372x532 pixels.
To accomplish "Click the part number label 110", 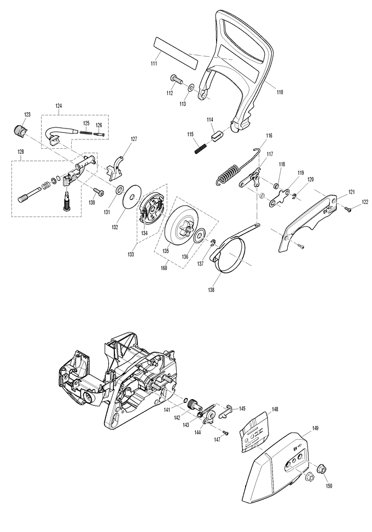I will [280, 92].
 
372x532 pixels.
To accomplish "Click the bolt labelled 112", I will [177, 80].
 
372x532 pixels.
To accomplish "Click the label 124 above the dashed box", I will [58, 105].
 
